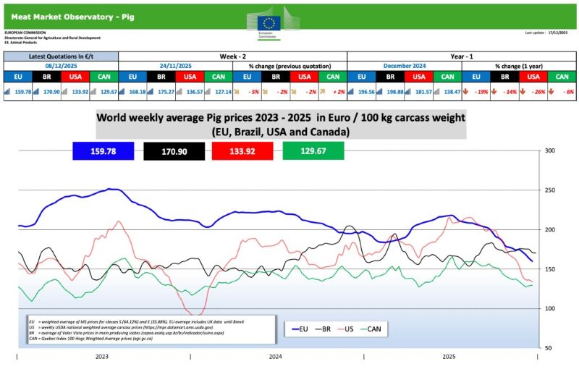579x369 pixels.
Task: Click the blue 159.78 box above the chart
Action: [103, 151]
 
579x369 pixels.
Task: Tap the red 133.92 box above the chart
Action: [242, 151]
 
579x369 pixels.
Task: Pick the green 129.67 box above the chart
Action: [312, 151]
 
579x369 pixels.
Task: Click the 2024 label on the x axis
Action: [276, 357]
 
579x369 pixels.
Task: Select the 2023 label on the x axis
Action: [103, 357]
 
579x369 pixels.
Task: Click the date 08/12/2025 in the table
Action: [61, 65]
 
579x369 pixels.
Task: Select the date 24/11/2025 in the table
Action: [175, 65]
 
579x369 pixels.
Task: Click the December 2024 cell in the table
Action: [404, 65]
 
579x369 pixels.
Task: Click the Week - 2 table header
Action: [232, 56]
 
